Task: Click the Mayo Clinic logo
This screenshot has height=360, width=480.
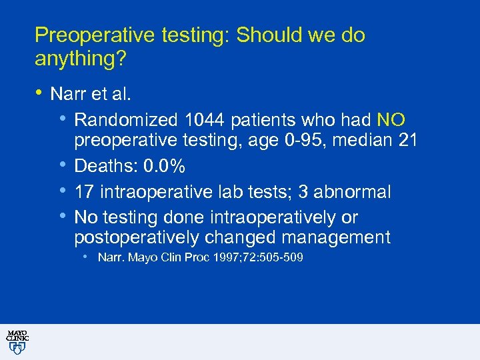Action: [x=17, y=341]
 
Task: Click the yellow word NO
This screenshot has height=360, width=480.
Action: [x=391, y=120]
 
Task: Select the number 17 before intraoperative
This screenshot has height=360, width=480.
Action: [x=84, y=192]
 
